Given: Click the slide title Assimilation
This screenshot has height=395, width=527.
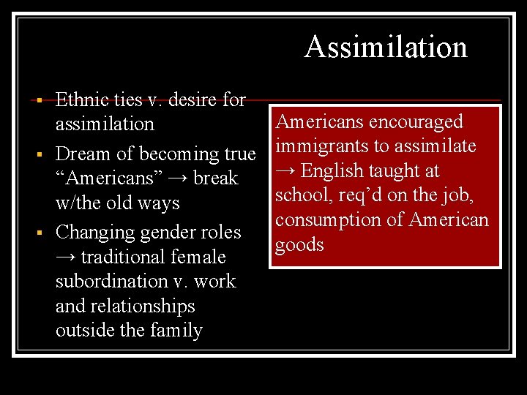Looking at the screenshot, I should [x=386, y=47].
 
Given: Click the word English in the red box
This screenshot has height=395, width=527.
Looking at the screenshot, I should [x=332, y=171].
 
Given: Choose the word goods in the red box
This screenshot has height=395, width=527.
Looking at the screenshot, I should [x=299, y=245].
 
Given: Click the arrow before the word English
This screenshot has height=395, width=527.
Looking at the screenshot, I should [x=286, y=171].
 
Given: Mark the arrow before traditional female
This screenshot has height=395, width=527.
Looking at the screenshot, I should [x=67, y=257].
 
